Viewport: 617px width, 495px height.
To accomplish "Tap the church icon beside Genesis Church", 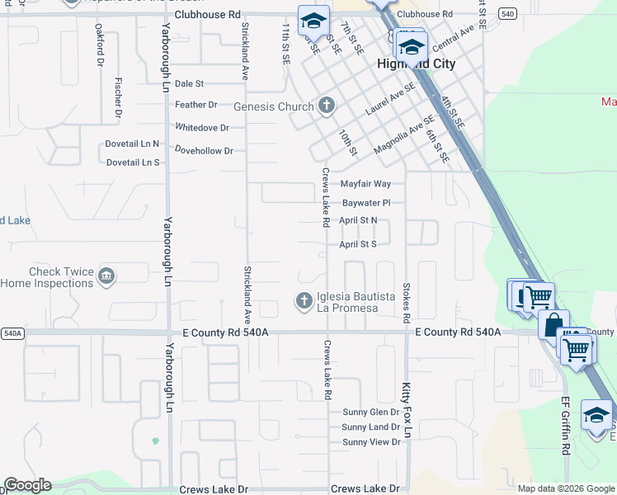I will (x=327, y=106).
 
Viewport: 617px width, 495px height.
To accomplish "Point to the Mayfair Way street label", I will (x=365, y=184).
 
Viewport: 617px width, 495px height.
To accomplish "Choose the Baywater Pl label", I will (x=365, y=202).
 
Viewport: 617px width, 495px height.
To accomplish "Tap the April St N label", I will (x=358, y=220).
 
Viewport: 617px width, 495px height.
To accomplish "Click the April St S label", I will (x=358, y=244).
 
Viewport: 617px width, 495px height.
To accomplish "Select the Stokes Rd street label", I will (x=407, y=303).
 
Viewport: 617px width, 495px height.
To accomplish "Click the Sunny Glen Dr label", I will (x=370, y=412).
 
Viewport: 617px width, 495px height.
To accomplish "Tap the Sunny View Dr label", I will (x=371, y=442).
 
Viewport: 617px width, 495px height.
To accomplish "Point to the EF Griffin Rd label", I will (x=566, y=425).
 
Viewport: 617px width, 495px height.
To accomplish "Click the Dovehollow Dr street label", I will (x=205, y=150).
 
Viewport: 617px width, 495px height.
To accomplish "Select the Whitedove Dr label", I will (x=201, y=127).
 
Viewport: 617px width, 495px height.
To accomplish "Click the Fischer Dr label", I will (x=119, y=97).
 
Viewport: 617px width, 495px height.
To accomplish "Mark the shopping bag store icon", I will (x=553, y=324).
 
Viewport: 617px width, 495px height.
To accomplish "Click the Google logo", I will (x=27, y=485).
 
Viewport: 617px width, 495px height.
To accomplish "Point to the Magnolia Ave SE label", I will (x=403, y=134).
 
